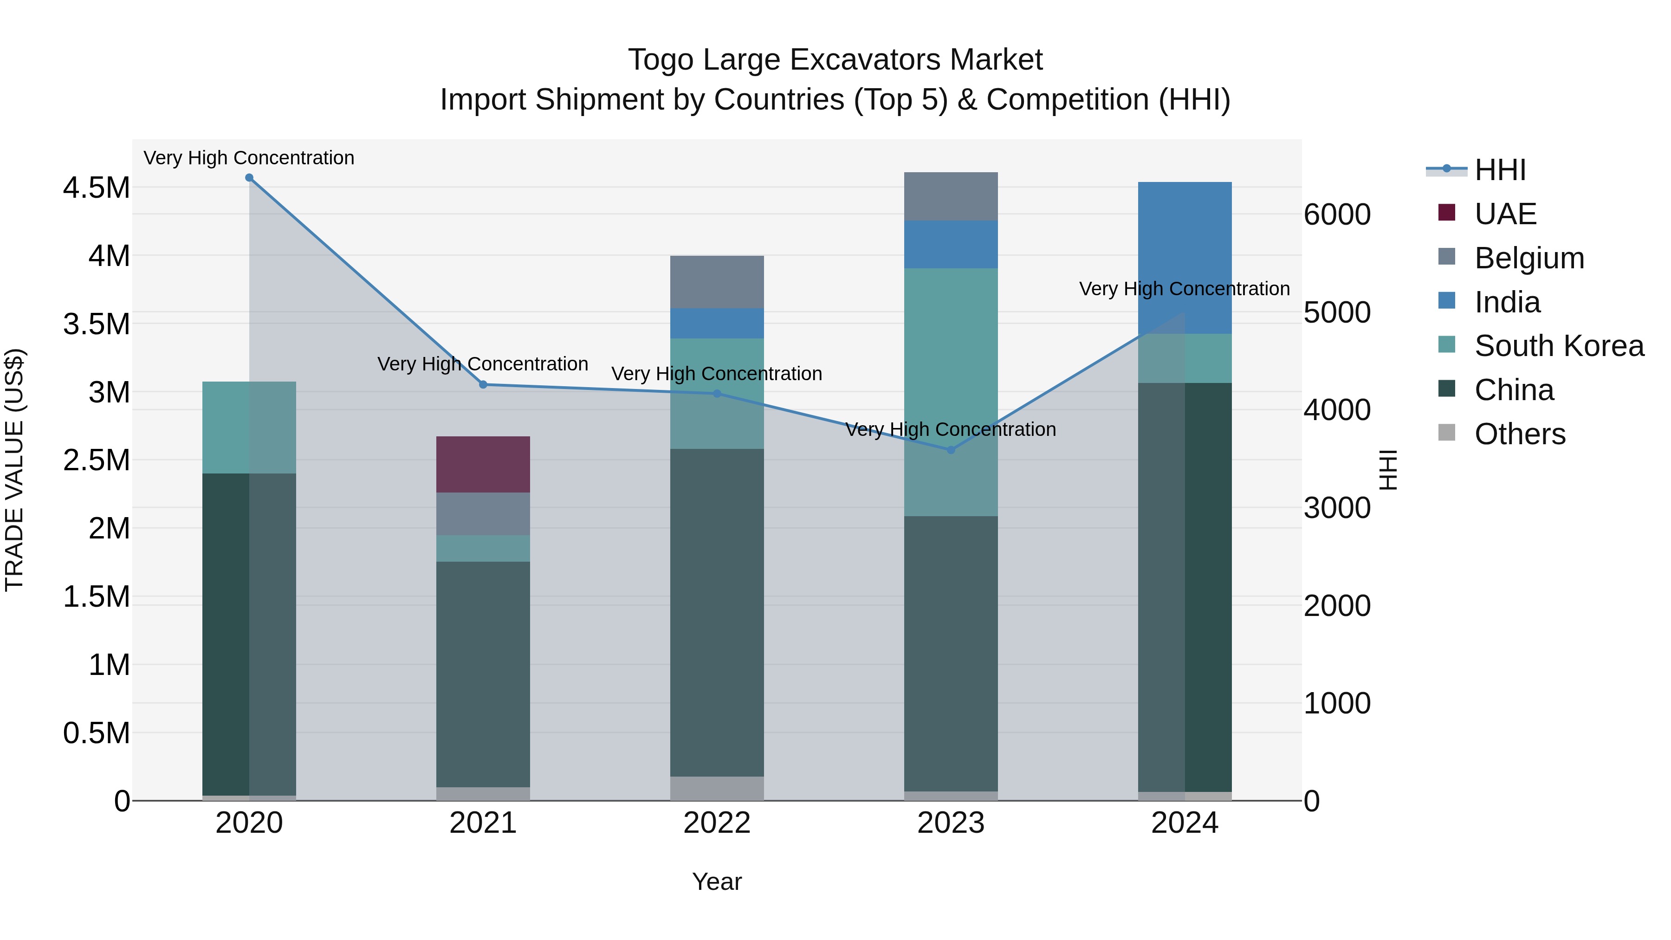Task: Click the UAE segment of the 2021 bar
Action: [483, 465]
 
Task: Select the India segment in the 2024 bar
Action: [1185, 258]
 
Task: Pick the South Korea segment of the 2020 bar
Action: [249, 427]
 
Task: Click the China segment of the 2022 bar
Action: [716, 612]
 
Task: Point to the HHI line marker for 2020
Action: [249, 178]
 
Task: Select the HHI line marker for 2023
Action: [951, 449]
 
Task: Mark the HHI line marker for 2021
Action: [483, 385]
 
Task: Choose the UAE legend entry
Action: [1505, 214]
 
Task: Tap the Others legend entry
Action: [1519, 434]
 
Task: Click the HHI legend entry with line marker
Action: [1499, 170]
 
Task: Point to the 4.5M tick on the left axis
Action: [96, 188]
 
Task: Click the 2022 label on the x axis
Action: [716, 823]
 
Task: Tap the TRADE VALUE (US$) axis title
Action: [14, 470]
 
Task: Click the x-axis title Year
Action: [716, 882]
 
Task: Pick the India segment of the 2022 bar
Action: [716, 323]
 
